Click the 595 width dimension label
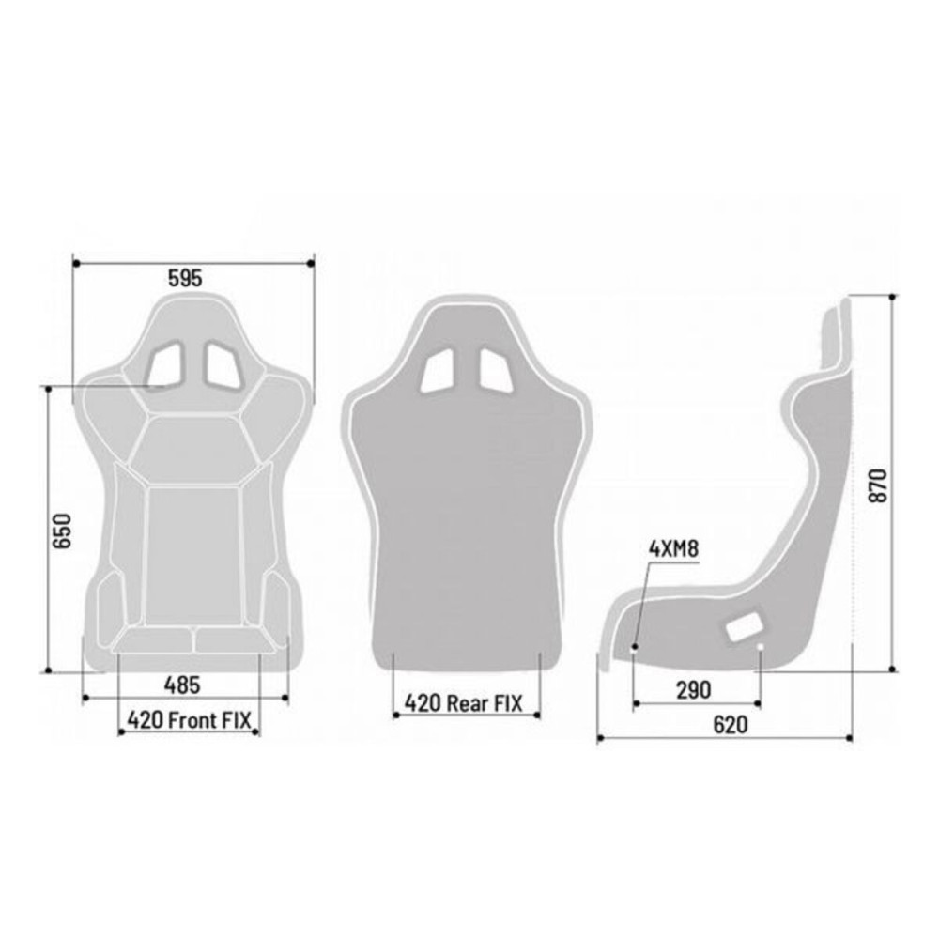[x=185, y=278]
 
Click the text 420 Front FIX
[x=190, y=720]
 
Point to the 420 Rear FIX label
[x=461, y=701]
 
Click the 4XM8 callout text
[x=673, y=549]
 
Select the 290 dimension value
[x=694, y=689]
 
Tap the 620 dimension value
[x=730, y=725]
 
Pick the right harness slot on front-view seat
[x=223, y=364]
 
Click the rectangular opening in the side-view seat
[x=746, y=625]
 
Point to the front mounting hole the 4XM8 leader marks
[x=635, y=647]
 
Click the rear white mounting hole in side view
[x=760, y=647]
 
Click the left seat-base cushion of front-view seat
[x=154, y=640]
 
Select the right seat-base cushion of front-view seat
[x=235, y=640]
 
